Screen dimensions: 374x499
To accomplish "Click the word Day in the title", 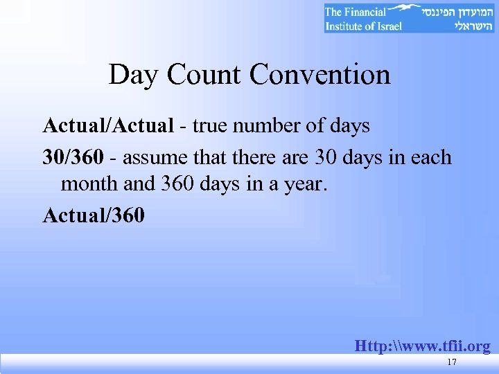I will [132, 75].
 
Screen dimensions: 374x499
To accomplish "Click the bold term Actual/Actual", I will [107, 126].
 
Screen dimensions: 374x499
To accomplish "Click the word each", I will [430, 157].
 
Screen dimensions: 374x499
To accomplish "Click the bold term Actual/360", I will [94, 215].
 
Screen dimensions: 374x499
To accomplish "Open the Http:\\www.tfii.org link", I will [422, 346].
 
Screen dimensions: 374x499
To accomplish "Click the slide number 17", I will [452, 363].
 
